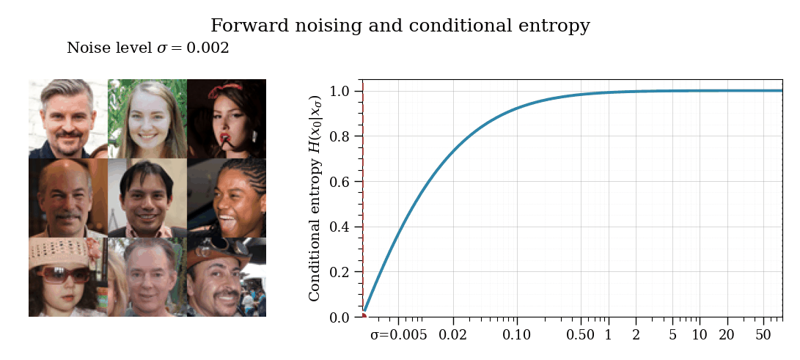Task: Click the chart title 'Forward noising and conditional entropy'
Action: pyautogui.click(x=400, y=26)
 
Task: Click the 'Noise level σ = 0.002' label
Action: pyautogui.click(x=147, y=48)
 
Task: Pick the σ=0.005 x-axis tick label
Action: pyautogui.click(x=398, y=335)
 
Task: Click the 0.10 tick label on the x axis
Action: pyautogui.click(x=517, y=335)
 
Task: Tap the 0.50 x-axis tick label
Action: pyautogui.click(x=581, y=335)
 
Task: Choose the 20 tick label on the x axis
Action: pyautogui.click(x=727, y=335)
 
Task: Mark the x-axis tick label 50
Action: pyautogui.click(x=763, y=335)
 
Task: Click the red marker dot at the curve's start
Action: pyautogui.click(x=363, y=316)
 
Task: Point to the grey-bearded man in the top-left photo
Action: pyautogui.click(x=68, y=118)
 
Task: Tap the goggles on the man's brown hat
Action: pyautogui.click(x=216, y=246)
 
